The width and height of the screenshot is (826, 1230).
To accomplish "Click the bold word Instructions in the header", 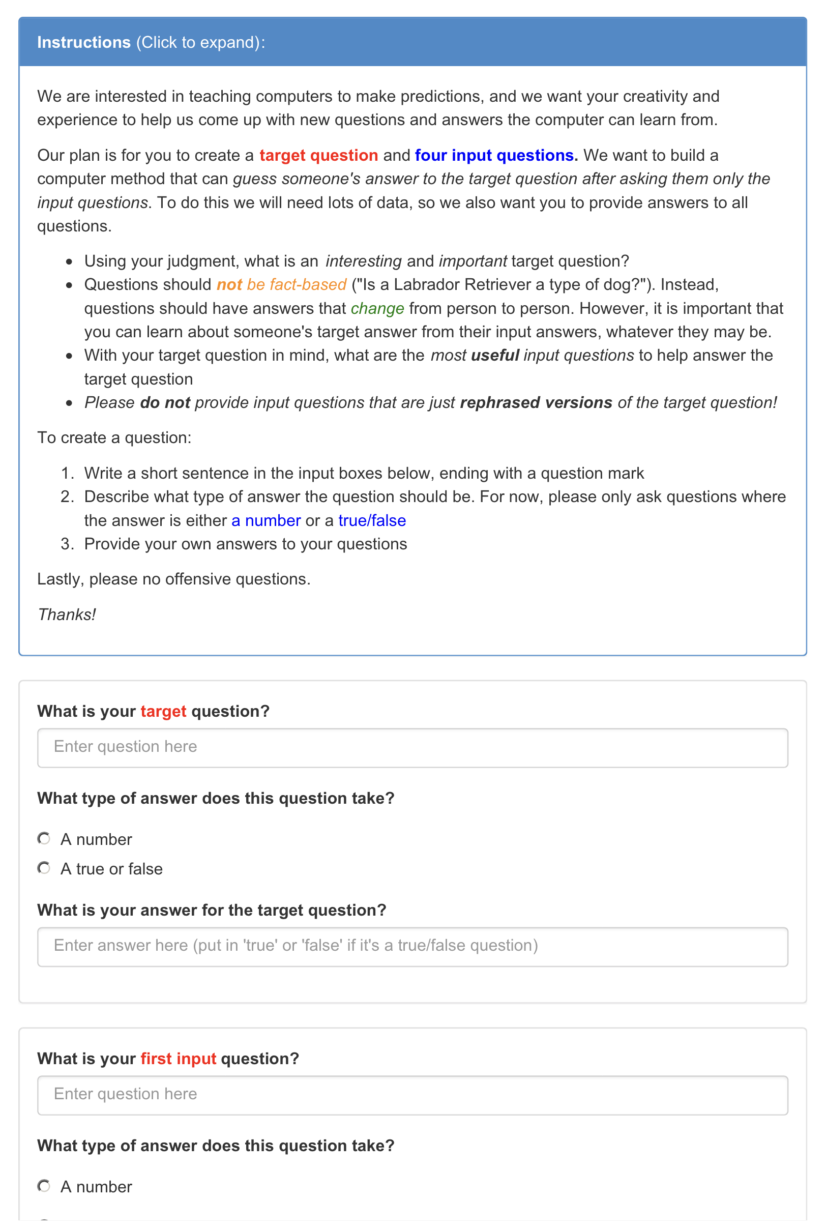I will click(84, 42).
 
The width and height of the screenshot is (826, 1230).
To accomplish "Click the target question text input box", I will click(412, 747).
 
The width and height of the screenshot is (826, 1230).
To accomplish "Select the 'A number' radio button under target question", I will click(44, 838).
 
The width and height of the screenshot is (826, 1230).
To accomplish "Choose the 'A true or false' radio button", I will click(44, 868).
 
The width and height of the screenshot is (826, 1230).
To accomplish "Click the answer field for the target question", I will click(412, 946).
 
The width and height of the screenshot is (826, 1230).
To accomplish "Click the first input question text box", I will click(412, 1095).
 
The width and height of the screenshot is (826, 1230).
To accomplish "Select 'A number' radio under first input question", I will click(44, 1186).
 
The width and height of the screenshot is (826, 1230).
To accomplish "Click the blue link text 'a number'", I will click(266, 520).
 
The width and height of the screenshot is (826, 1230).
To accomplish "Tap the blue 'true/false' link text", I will click(372, 520).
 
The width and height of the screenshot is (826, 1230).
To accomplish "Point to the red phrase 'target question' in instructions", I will click(318, 155).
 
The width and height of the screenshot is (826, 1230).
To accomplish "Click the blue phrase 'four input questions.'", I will click(496, 155).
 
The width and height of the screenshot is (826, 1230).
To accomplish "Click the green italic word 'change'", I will click(377, 308).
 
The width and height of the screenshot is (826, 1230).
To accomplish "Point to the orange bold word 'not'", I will click(229, 284).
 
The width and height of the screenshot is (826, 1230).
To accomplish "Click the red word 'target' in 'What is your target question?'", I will click(163, 711).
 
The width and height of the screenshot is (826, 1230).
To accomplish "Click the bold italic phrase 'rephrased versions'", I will click(536, 402).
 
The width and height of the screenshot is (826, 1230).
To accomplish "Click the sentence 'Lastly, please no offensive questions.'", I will click(174, 579).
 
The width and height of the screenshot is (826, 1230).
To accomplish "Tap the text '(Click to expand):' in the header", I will click(201, 42).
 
